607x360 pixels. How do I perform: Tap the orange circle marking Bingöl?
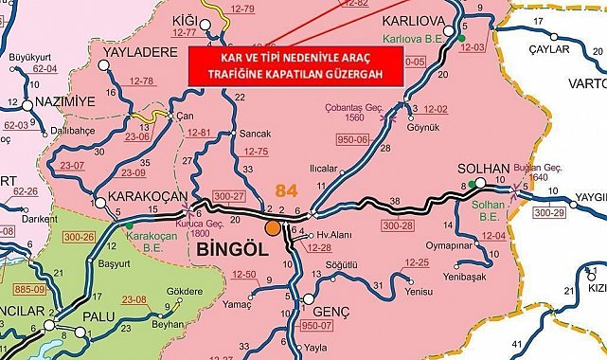(x=273, y=227)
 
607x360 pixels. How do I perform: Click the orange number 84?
(x=285, y=190)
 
